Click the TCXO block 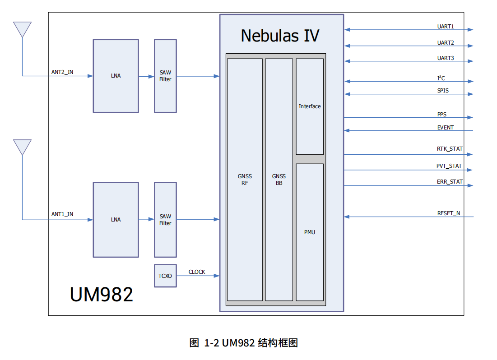click(165, 276)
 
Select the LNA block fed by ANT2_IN click(116, 76)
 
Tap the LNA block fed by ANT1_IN click(116, 220)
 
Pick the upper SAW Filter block click(165, 76)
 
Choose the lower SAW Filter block click(165, 220)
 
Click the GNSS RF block click(245, 180)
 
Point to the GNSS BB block click(279, 180)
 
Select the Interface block click(310, 106)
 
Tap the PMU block click(310, 232)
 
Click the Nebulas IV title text click(280, 36)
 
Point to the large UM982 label click(102, 295)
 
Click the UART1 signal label click(446, 27)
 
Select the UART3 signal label click(446, 58)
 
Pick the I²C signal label click(441, 78)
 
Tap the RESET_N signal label click(448, 213)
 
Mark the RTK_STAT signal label click(450, 149)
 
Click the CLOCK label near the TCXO click(197, 272)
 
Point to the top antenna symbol click(22, 30)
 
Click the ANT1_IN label click(62, 214)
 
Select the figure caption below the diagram click(244, 343)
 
